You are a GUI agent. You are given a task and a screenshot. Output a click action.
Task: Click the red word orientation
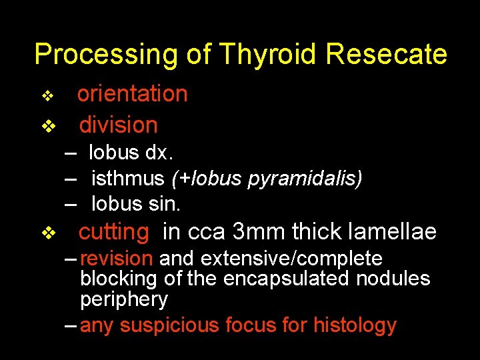[x=133, y=94]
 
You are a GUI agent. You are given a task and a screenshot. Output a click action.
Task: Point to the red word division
[x=118, y=125]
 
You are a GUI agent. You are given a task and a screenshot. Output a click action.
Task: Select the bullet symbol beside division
[x=47, y=126]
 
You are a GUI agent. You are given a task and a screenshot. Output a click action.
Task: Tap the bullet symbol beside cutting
[x=47, y=233]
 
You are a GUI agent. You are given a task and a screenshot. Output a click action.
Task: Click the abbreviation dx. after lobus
[x=159, y=153]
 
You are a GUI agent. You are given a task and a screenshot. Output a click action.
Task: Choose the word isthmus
[x=127, y=178]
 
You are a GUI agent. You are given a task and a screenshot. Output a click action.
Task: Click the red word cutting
[x=114, y=231]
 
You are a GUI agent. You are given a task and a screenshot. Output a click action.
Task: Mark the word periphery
[x=124, y=300]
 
